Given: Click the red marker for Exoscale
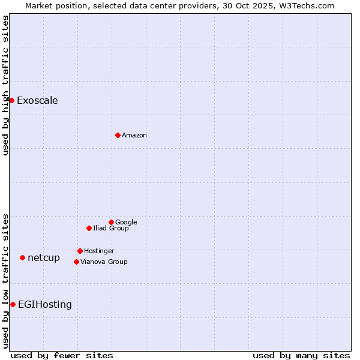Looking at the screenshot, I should [x=11, y=100].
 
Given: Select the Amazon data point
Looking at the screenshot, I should [x=118, y=135].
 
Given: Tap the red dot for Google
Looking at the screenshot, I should [x=111, y=222].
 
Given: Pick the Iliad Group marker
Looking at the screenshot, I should [x=89, y=228].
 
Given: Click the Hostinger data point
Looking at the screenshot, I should [x=80, y=251].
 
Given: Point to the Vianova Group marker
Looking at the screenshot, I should [x=76, y=262].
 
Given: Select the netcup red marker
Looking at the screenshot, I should [x=22, y=257].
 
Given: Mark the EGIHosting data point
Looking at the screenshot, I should [x=13, y=304].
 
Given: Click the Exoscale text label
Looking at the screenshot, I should [x=37, y=100].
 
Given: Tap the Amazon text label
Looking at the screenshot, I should [x=134, y=135].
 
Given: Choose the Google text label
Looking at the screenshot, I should [x=126, y=222].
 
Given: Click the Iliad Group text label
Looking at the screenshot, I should [x=111, y=228].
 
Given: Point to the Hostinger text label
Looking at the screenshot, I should [x=99, y=251].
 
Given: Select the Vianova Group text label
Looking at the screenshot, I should [x=104, y=262].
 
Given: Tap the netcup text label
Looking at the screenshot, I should [x=44, y=257].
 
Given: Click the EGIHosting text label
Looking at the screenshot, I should [x=45, y=304].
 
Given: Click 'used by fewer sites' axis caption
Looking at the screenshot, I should [x=62, y=355].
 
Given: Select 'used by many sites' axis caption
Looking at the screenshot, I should [x=301, y=355].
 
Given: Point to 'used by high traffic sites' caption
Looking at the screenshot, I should [x=5, y=85].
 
